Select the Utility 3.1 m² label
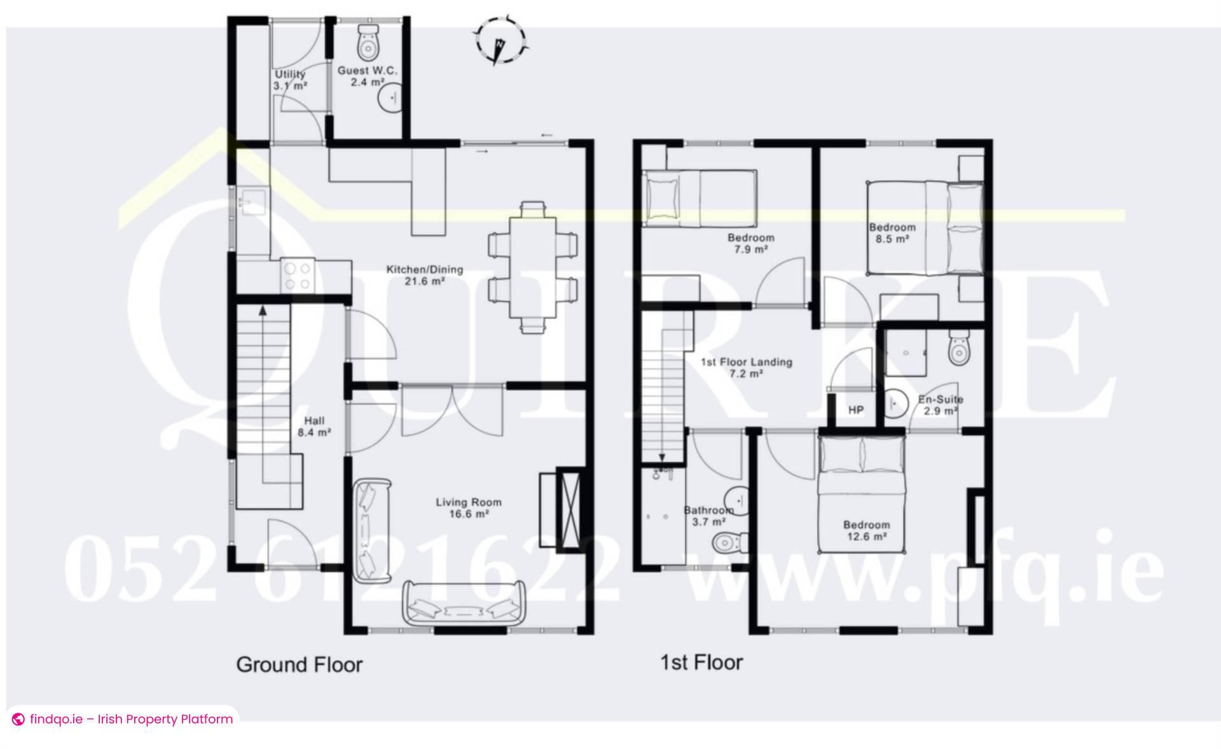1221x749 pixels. [x=291, y=80]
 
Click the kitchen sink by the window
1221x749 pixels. [x=251, y=202]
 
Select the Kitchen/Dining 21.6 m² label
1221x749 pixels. [x=425, y=275]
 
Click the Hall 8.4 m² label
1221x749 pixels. [x=314, y=426]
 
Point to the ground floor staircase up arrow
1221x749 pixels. [x=262, y=311]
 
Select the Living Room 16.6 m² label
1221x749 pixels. [x=469, y=508]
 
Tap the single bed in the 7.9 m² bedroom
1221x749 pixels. [x=699, y=198]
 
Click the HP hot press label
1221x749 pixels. [x=856, y=410]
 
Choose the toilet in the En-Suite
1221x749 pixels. [x=958, y=348]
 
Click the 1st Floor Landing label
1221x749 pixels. [x=747, y=367]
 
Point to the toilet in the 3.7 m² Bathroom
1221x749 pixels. [x=728, y=543]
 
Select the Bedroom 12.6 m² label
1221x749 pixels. [x=866, y=530]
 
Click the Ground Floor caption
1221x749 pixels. [x=299, y=665]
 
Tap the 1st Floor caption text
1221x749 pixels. [x=701, y=662]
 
